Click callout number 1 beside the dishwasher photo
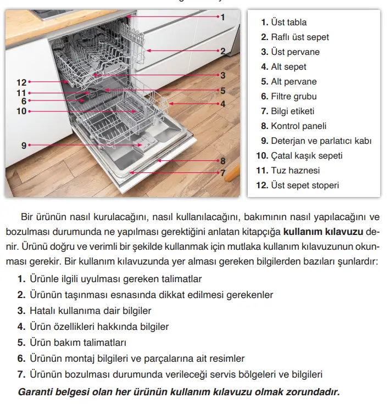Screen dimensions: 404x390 coord(222,17)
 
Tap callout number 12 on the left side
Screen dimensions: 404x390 coord(21,82)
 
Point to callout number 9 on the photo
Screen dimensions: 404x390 coord(24,145)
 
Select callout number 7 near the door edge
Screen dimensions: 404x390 coord(223,172)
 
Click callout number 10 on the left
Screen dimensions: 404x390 coord(21,111)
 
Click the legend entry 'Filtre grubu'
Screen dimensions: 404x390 coord(293,97)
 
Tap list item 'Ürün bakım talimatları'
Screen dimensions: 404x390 coord(77,343)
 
